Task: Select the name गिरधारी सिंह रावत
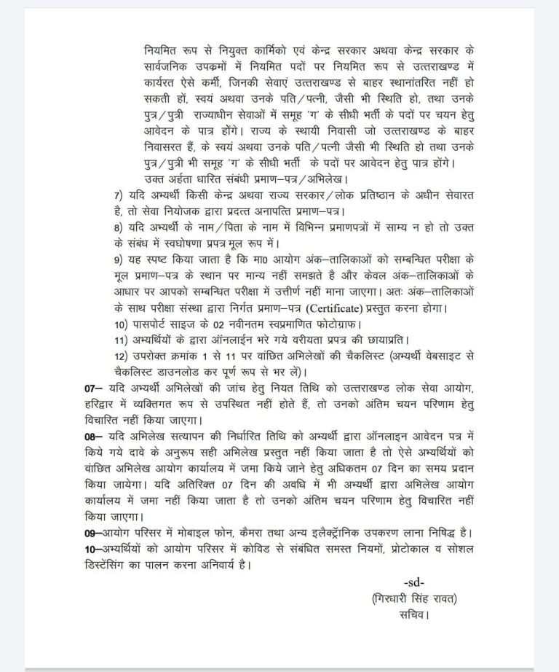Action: tap(416, 598)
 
